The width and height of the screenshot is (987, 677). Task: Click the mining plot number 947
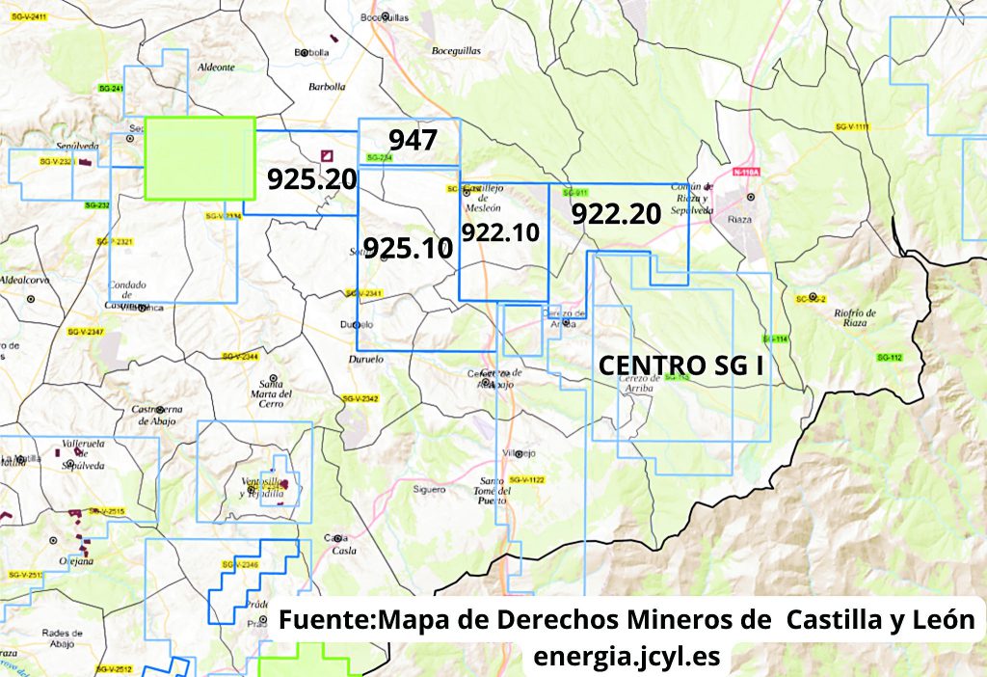tap(413, 140)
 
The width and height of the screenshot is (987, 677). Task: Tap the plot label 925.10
tap(408, 248)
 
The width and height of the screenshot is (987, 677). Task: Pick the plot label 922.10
tap(499, 232)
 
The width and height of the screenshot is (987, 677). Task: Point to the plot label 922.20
tap(616, 214)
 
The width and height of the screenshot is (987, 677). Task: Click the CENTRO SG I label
tap(681, 366)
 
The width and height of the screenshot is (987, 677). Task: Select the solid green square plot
tap(200, 158)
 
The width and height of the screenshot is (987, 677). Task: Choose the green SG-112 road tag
tap(889, 358)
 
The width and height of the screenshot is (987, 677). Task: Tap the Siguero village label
tap(429, 489)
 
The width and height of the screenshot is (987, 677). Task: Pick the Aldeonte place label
tap(216, 68)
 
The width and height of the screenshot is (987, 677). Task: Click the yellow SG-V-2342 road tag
tap(360, 398)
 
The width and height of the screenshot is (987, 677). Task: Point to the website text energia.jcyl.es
tap(627, 656)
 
